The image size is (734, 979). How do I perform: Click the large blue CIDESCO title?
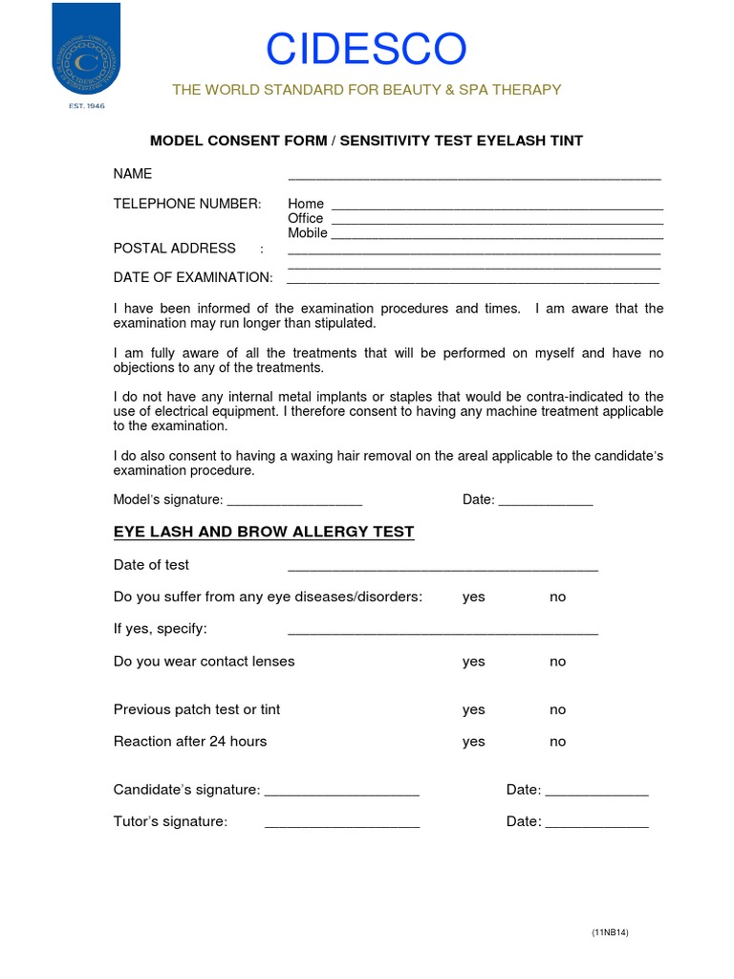(x=366, y=50)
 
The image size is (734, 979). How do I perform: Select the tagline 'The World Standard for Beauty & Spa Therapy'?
(x=366, y=90)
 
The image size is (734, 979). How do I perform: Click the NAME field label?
(x=133, y=173)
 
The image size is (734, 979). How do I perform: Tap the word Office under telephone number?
(x=306, y=218)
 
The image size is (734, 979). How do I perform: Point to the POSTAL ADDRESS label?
(x=174, y=249)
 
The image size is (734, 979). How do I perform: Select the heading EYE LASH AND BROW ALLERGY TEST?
(x=264, y=533)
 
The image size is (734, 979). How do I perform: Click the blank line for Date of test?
(x=443, y=568)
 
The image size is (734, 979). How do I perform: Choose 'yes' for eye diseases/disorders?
(x=473, y=597)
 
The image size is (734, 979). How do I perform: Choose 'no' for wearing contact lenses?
(x=557, y=662)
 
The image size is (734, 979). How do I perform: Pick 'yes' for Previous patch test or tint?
(x=473, y=709)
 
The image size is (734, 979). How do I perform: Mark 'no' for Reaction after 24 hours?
(x=557, y=741)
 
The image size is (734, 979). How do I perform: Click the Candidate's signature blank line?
(x=341, y=794)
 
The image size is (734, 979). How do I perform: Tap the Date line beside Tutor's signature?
(x=596, y=825)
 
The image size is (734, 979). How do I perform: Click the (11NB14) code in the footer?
(x=610, y=932)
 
